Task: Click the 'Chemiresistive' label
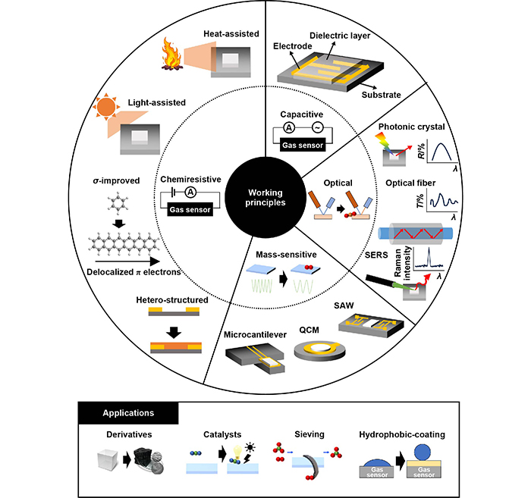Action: pos(190,180)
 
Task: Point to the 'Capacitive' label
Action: pos(302,114)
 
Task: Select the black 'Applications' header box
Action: pos(128,413)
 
